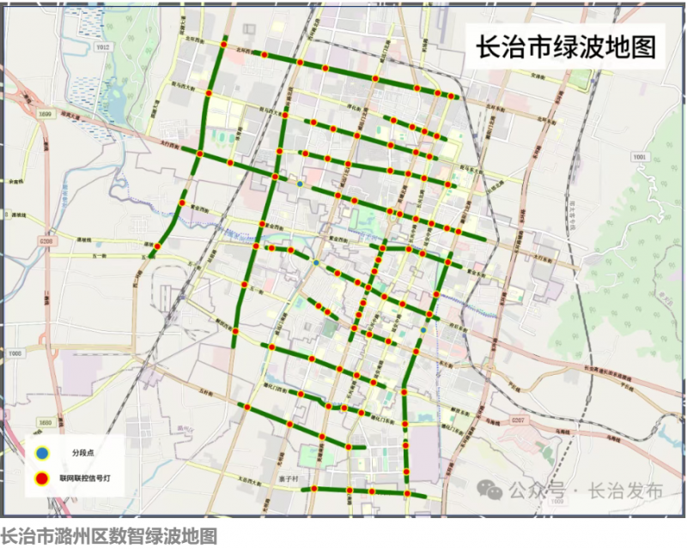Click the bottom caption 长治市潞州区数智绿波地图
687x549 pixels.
(x=108, y=537)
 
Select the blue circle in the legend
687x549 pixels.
(x=40, y=452)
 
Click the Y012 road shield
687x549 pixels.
(x=103, y=47)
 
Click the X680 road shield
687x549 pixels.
(x=46, y=423)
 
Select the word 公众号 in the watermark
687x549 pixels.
(x=536, y=491)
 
